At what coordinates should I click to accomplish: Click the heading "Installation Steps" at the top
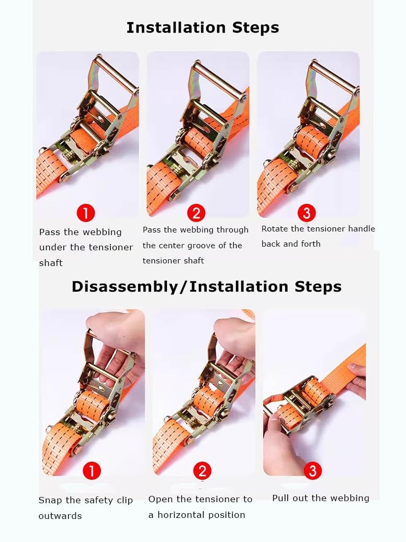[202, 28]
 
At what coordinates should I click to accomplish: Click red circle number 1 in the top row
[86, 213]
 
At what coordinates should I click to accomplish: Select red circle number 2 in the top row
[196, 213]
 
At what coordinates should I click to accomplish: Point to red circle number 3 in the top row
[307, 213]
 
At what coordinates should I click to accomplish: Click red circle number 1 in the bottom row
[92, 470]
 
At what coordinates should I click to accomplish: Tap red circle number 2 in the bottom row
[202, 470]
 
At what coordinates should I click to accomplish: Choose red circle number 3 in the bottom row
[312, 470]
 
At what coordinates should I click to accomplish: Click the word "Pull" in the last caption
[280, 498]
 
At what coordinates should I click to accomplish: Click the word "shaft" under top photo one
[51, 263]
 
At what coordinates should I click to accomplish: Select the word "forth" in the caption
[311, 244]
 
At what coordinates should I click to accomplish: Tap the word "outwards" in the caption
[60, 516]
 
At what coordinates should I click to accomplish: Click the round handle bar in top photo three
[334, 76]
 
